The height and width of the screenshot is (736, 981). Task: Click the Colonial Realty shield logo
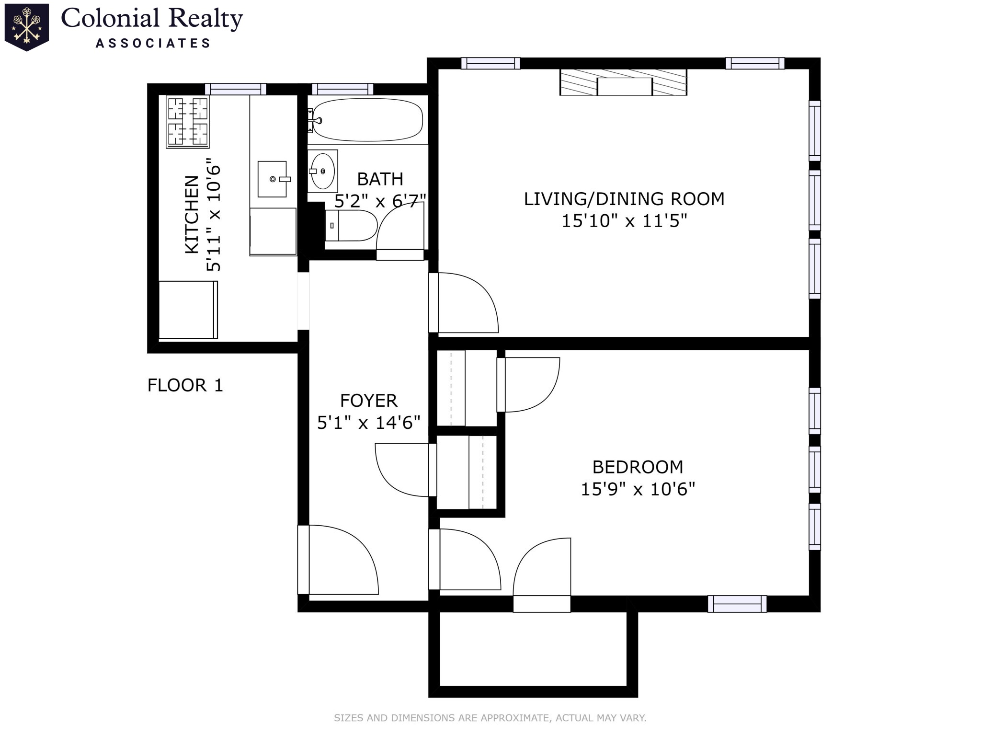coord(27,27)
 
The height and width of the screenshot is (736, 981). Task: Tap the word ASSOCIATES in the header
coord(153,44)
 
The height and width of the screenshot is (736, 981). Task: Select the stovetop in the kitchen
coord(187,121)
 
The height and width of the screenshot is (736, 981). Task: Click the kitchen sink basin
coord(272,179)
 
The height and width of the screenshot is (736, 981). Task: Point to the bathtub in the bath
coord(367,120)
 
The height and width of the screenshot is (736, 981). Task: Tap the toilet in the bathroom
coord(351,225)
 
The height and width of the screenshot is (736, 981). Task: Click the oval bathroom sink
coord(323,171)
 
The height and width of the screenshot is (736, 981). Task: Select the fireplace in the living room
coord(623,82)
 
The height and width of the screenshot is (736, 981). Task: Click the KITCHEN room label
coord(192,214)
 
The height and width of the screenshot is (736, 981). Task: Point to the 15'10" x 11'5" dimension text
coord(624,221)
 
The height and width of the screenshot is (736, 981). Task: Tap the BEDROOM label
coord(638,467)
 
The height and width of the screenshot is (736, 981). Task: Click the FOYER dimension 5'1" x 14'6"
coord(368,423)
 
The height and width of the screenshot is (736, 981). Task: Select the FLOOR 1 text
coord(185,385)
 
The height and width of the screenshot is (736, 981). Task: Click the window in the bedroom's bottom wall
coord(737,604)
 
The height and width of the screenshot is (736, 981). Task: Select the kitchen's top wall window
coord(235,89)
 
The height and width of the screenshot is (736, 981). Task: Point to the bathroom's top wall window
coord(342,89)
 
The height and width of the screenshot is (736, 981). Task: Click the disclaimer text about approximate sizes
coord(490,718)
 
